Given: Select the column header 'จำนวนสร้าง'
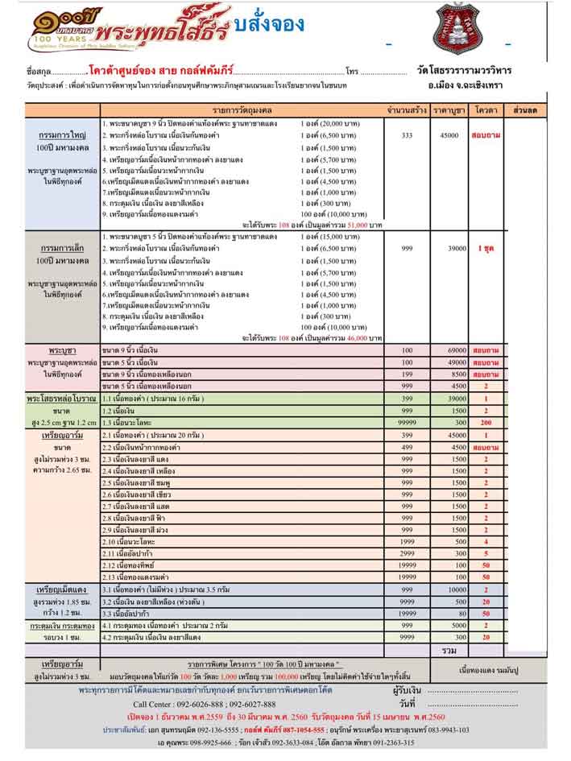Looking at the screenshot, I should (406, 109).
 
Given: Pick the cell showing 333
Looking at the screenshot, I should (406, 135).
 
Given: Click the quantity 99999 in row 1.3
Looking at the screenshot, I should (407, 422).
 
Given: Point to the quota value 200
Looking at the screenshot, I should (486, 422).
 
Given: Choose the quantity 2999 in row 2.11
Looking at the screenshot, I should (407, 554).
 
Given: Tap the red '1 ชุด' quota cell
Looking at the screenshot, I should (486, 249).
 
